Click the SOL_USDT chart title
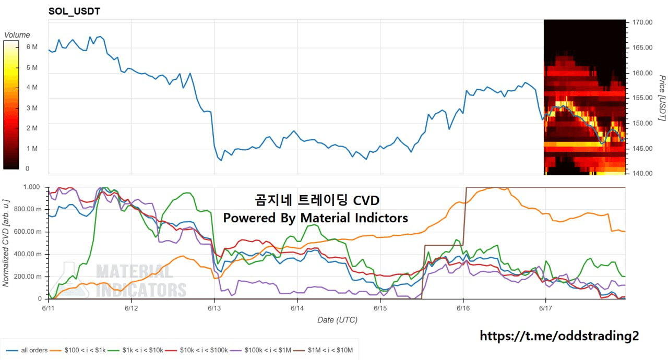click(74, 11)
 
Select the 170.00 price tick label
click(642, 22)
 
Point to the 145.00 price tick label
click(642, 149)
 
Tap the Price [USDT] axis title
click(661, 98)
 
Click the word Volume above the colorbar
click(17, 35)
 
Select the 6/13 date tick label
click(214, 308)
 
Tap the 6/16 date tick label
click(463, 308)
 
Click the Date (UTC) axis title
click(337, 320)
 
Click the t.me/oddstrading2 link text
click(559, 336)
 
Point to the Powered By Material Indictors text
click(315, 218)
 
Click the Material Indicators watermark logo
click(125, 280)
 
